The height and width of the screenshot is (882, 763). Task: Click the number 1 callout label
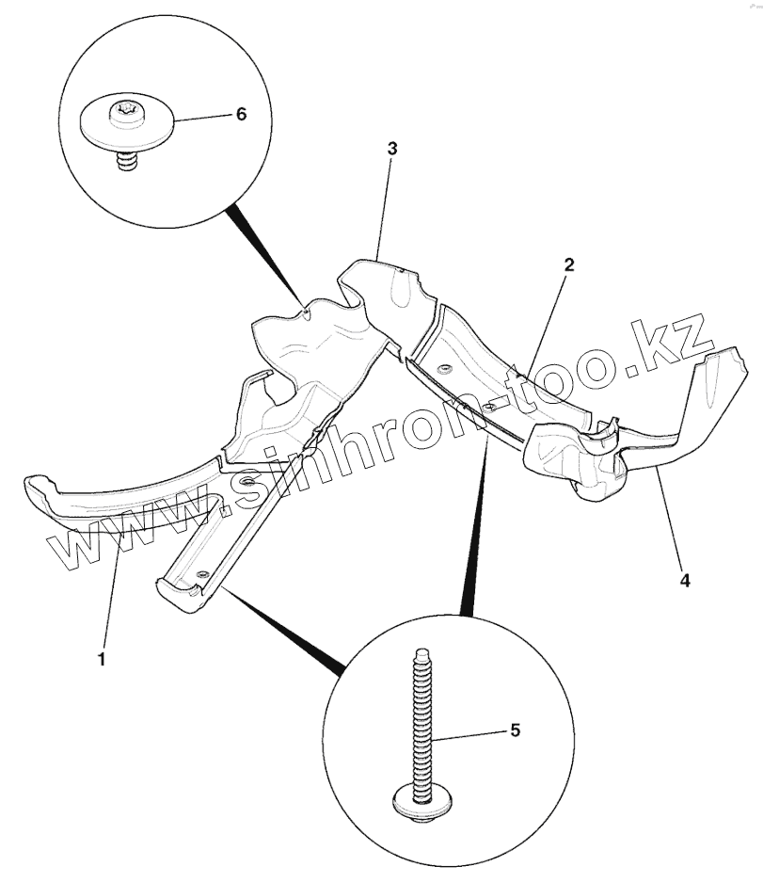coord(102,659)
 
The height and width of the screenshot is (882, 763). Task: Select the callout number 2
coord(569,265)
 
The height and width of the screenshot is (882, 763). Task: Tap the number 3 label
coord(392,149)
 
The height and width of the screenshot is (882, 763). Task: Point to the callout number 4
coord(685,581)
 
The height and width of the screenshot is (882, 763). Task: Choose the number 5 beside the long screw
coord(515,730)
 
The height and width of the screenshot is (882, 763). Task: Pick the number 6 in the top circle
coord(241,113)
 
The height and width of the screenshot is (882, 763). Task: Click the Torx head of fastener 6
coord(125,113)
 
